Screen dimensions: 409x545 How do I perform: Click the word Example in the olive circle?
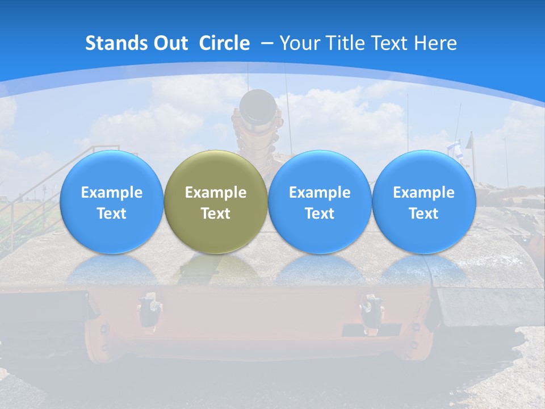216,193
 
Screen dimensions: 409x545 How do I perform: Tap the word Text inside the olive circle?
216,214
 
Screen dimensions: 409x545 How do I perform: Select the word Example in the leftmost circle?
111,193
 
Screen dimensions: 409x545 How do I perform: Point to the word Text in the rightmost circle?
424,214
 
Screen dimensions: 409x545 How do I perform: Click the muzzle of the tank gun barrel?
257,105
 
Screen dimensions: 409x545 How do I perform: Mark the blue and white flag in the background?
453,148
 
